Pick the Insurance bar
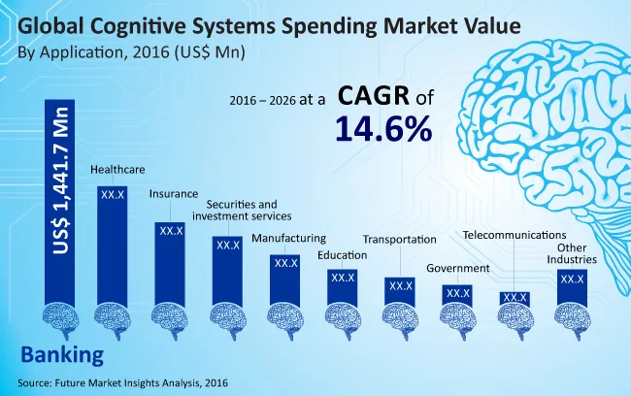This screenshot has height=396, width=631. (170, 260)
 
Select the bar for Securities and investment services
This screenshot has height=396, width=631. (227, 269)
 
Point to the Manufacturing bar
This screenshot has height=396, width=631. (284, 279)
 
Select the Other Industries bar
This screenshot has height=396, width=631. (571, 286)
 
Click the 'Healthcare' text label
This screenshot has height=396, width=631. (117, 170)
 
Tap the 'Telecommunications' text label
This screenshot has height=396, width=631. (514, 235)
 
